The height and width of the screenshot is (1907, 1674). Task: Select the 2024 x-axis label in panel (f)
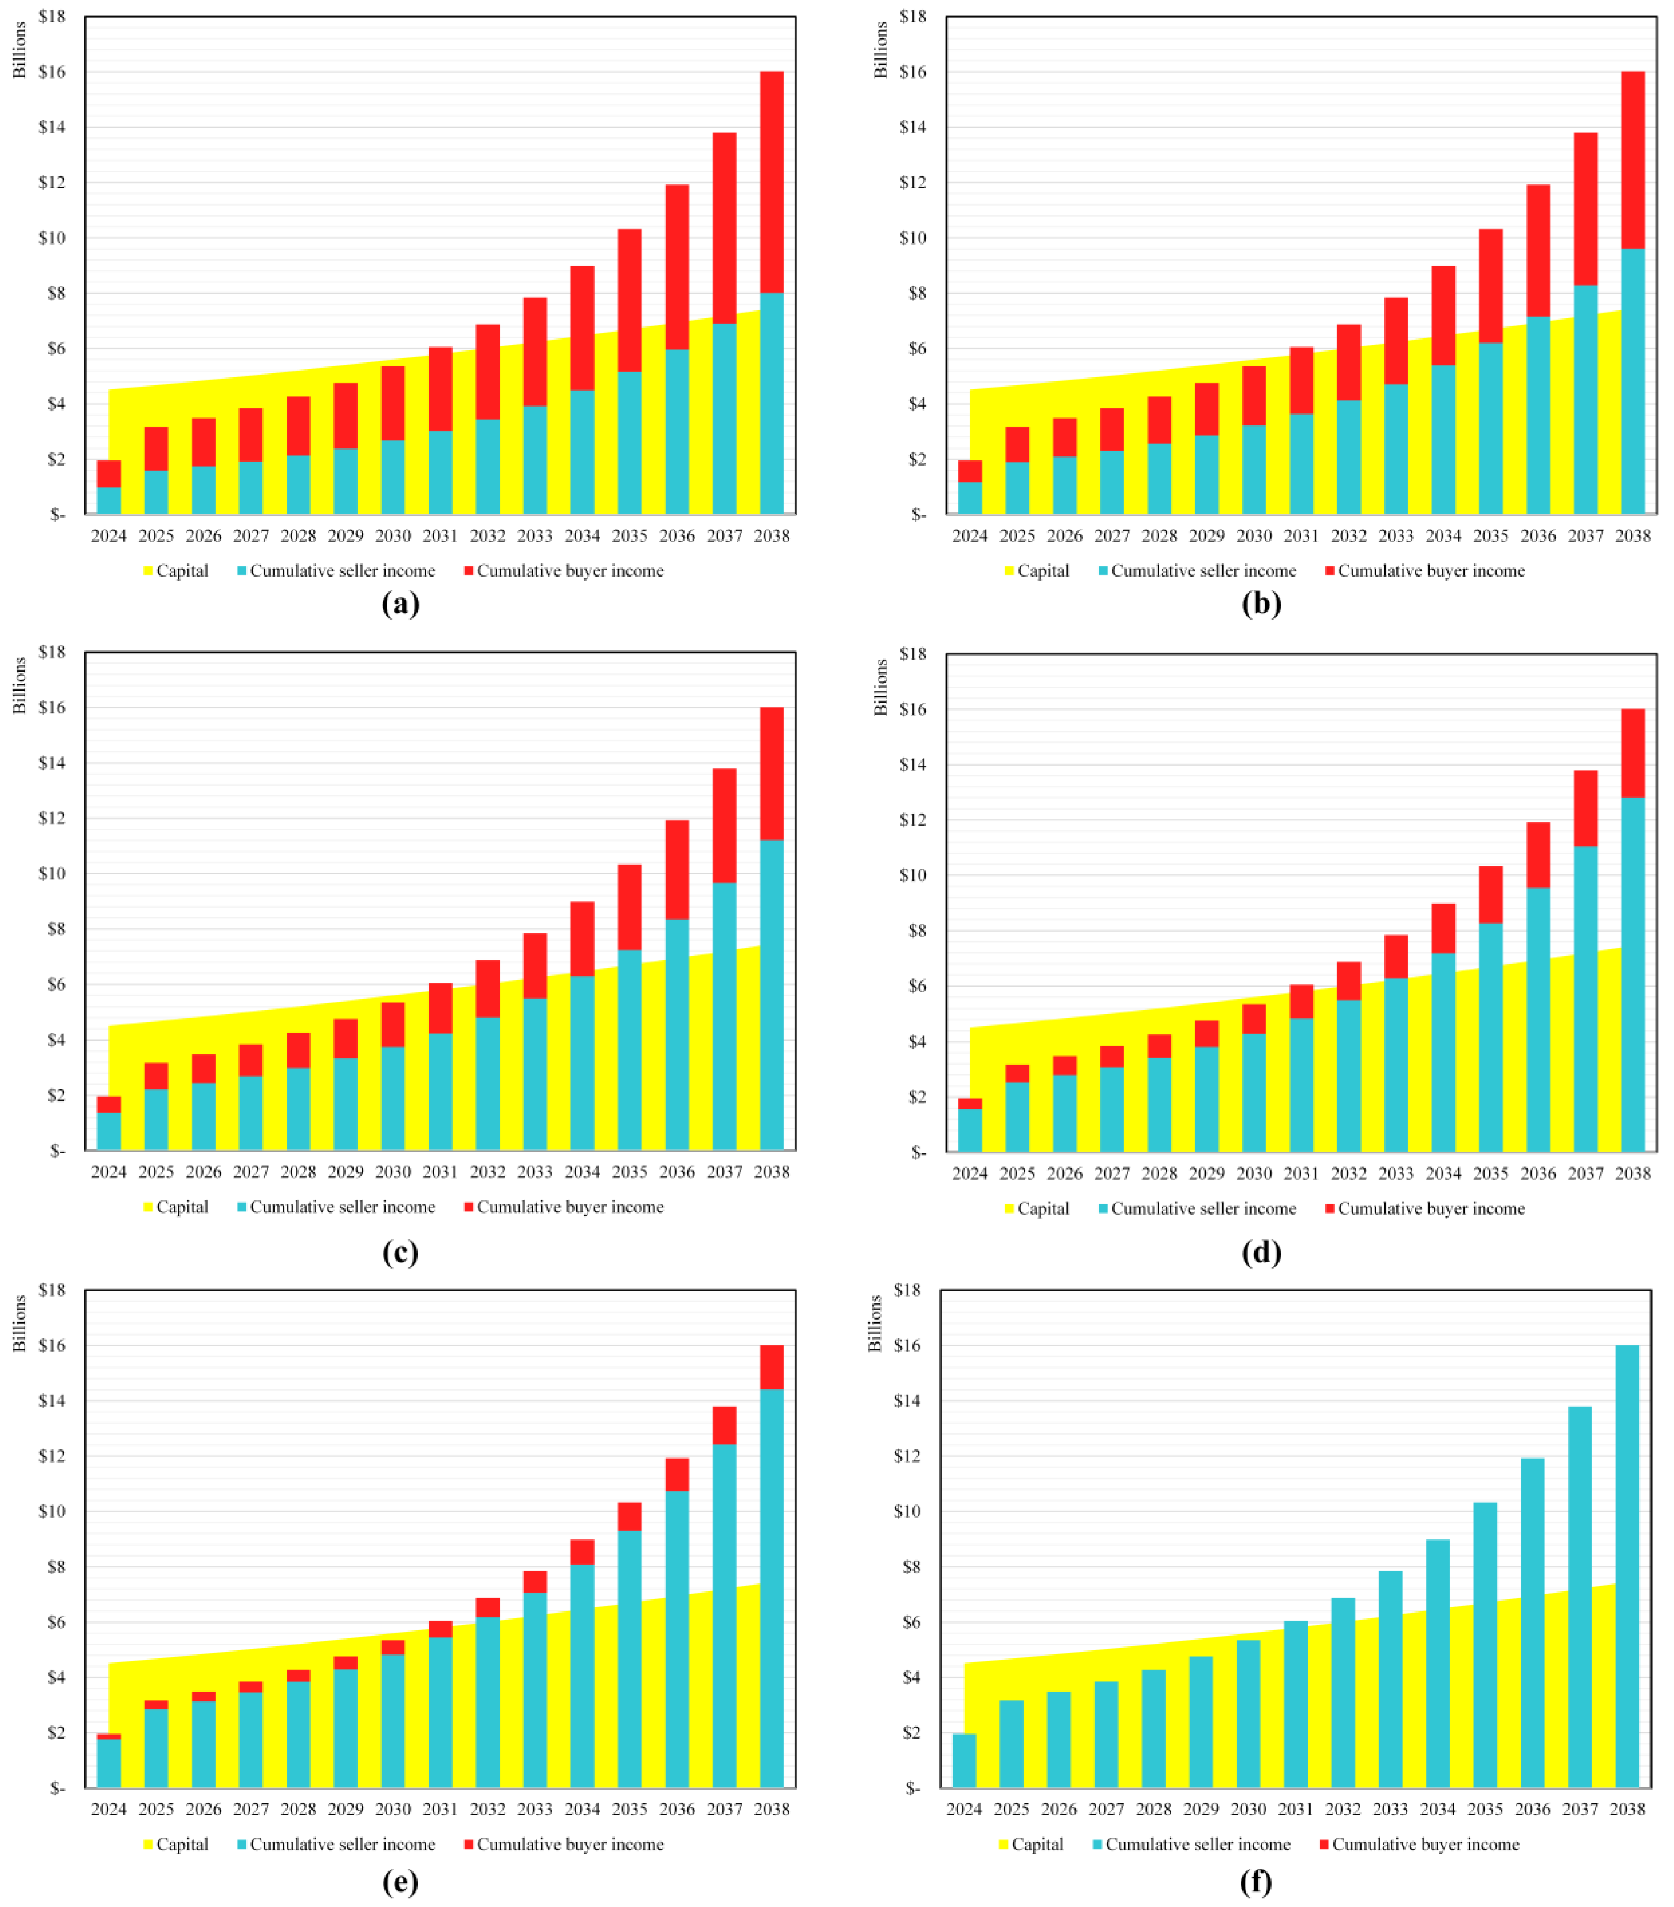(964, 1809)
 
